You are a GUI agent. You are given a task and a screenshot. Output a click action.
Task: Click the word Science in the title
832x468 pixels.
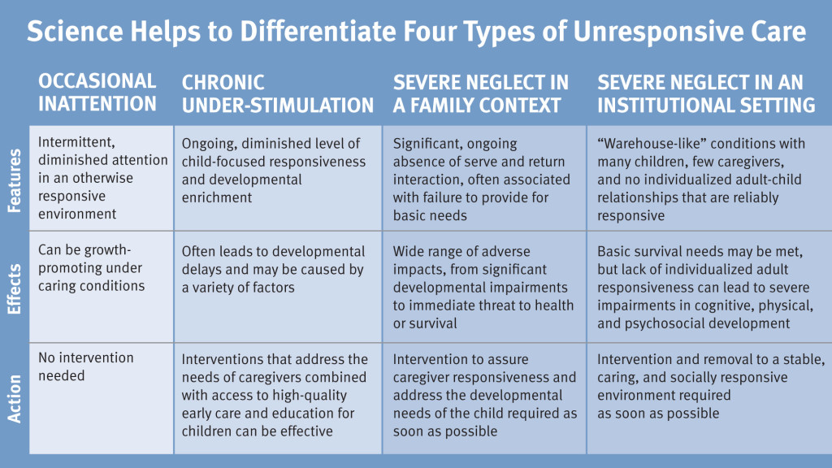click(75, 31)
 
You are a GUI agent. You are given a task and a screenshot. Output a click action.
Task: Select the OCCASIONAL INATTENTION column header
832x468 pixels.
click(97, 93)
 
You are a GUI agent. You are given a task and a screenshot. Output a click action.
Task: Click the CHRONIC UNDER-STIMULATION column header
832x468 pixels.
click(278, 94)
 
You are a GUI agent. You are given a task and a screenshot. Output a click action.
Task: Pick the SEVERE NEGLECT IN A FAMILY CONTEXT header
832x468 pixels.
click(481, 94)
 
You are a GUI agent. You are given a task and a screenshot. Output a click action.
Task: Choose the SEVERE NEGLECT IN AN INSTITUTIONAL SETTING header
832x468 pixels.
click(706, 94)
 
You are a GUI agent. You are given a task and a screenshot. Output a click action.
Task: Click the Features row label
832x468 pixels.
click(15, 180)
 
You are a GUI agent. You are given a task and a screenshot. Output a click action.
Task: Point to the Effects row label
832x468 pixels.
click(15, 288)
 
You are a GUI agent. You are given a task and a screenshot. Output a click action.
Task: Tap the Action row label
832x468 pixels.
click(15, 399)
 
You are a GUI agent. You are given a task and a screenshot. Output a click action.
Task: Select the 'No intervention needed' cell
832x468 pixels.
click(102, 398)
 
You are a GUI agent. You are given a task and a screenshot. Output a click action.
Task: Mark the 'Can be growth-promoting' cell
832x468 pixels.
click(102, 287)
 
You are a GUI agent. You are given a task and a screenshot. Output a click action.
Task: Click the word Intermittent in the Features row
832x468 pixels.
click(76, 142)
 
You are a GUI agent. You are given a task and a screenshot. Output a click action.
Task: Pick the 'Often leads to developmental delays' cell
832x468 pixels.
click(278, 287)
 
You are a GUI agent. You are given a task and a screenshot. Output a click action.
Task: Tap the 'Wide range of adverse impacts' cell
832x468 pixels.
click(484, 287)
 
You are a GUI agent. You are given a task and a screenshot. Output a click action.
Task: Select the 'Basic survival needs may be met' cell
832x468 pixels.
click(709, 287)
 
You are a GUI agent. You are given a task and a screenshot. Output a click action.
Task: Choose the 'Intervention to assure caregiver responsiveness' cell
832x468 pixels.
click(484, 398)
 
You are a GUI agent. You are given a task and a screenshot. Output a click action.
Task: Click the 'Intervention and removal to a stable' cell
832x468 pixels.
click(709, 398)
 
